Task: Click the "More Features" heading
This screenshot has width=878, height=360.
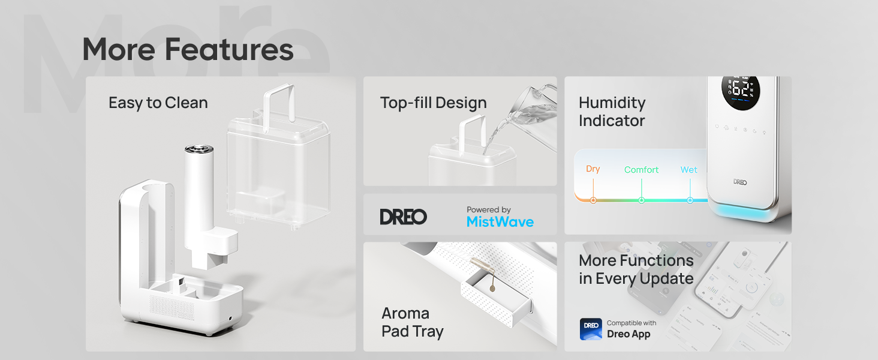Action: pos(188,49)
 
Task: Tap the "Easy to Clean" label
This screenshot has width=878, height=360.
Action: pos(158,103)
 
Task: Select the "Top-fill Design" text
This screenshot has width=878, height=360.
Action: pos(433,103)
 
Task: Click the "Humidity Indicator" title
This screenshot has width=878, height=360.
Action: pos(612,112)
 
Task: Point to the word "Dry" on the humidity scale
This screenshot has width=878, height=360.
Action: pos(593,169)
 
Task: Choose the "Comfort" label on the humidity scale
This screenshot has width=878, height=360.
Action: pos(641,170)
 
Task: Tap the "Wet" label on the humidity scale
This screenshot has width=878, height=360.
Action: pos(688,170)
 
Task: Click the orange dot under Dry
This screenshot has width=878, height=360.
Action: pos(593,200)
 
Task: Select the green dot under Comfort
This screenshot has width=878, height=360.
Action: pos(641,200)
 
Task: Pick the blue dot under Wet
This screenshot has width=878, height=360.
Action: pos(690,200)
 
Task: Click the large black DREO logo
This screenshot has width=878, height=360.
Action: pos(403,217)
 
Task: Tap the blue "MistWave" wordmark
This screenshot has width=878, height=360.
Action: pos(500,222)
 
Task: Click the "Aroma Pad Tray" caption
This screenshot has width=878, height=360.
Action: pos(412,322)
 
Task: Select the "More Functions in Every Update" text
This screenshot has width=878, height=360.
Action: pos(636,269)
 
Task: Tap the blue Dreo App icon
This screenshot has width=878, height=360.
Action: pos(591,329)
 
